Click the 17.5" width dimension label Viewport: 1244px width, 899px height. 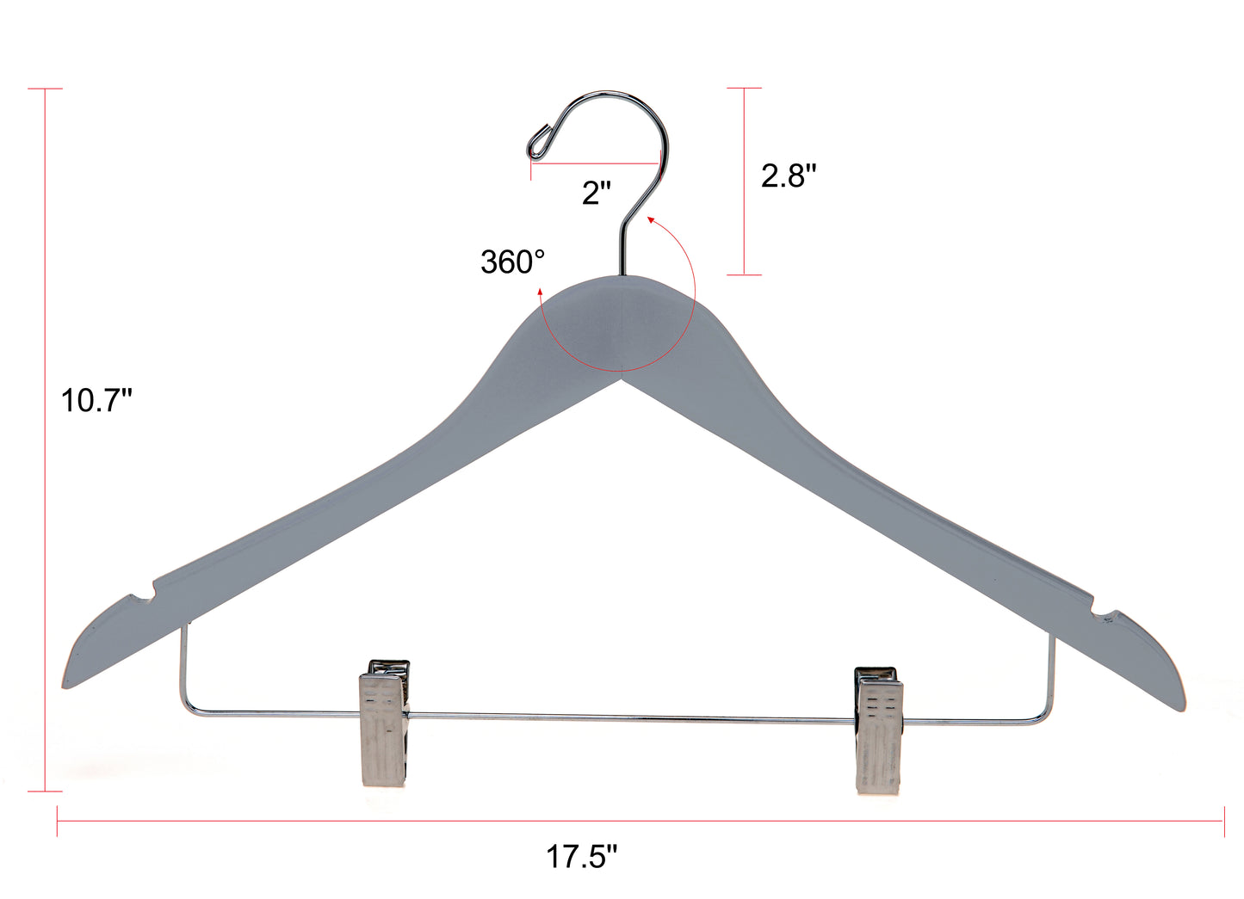(x=582, y=856)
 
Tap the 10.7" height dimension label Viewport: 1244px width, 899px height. (x=96, y=400)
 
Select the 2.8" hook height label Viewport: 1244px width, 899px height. (x=788, y=175)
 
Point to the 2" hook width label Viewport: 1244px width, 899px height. (x=597, y=193)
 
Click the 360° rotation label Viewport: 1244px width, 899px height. (x=512, y=262)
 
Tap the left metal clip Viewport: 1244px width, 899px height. (x=384, y=724)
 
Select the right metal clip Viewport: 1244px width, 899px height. (x=878, y=730)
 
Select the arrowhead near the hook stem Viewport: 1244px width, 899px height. (x=651, y=220)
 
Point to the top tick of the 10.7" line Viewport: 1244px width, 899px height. (x=45, y=89)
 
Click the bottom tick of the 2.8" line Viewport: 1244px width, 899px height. (x=745, y=275)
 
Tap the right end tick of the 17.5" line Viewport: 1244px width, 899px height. (x=1223, y=822)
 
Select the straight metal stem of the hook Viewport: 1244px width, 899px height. (x=622, y=249)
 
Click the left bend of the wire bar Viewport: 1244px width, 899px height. (x=184, y=707)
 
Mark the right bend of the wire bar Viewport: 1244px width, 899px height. (x=1048, y=716)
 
